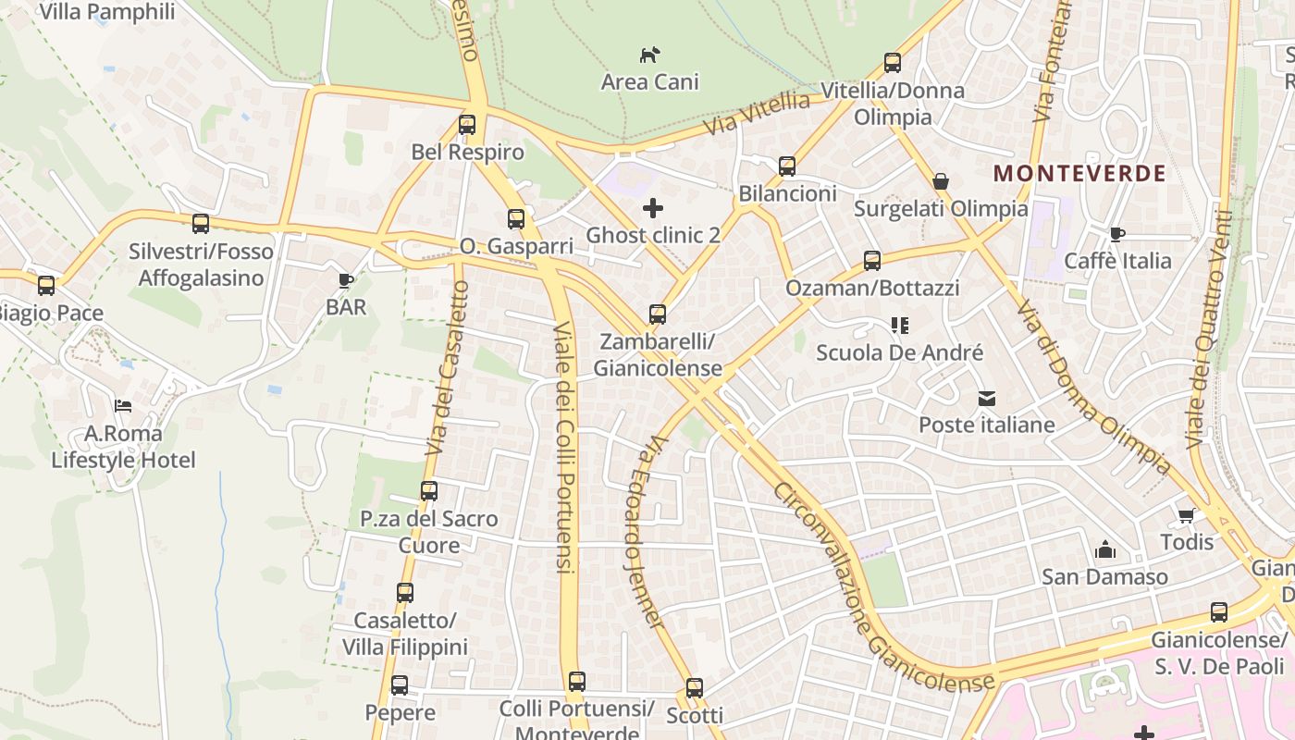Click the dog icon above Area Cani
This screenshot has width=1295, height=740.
650,55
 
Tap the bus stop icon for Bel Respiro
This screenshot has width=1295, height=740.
467,124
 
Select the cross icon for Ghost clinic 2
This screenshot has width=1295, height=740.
653,207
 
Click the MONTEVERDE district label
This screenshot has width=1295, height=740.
1079,173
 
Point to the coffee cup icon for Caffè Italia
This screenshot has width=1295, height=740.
1117,234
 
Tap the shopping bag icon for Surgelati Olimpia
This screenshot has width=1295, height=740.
941,181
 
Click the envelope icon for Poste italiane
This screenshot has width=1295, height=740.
987,399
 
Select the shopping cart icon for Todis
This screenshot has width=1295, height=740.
1187,515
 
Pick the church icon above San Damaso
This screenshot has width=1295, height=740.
1104,550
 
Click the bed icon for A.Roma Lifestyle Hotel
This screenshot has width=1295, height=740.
123,405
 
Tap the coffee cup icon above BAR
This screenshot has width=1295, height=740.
346,280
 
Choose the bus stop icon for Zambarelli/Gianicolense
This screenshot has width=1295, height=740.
658,314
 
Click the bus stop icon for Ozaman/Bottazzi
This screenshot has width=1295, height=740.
872,261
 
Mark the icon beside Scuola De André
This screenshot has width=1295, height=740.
900,326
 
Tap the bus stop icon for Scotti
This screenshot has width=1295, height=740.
695,688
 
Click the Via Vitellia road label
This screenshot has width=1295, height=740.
756,114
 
